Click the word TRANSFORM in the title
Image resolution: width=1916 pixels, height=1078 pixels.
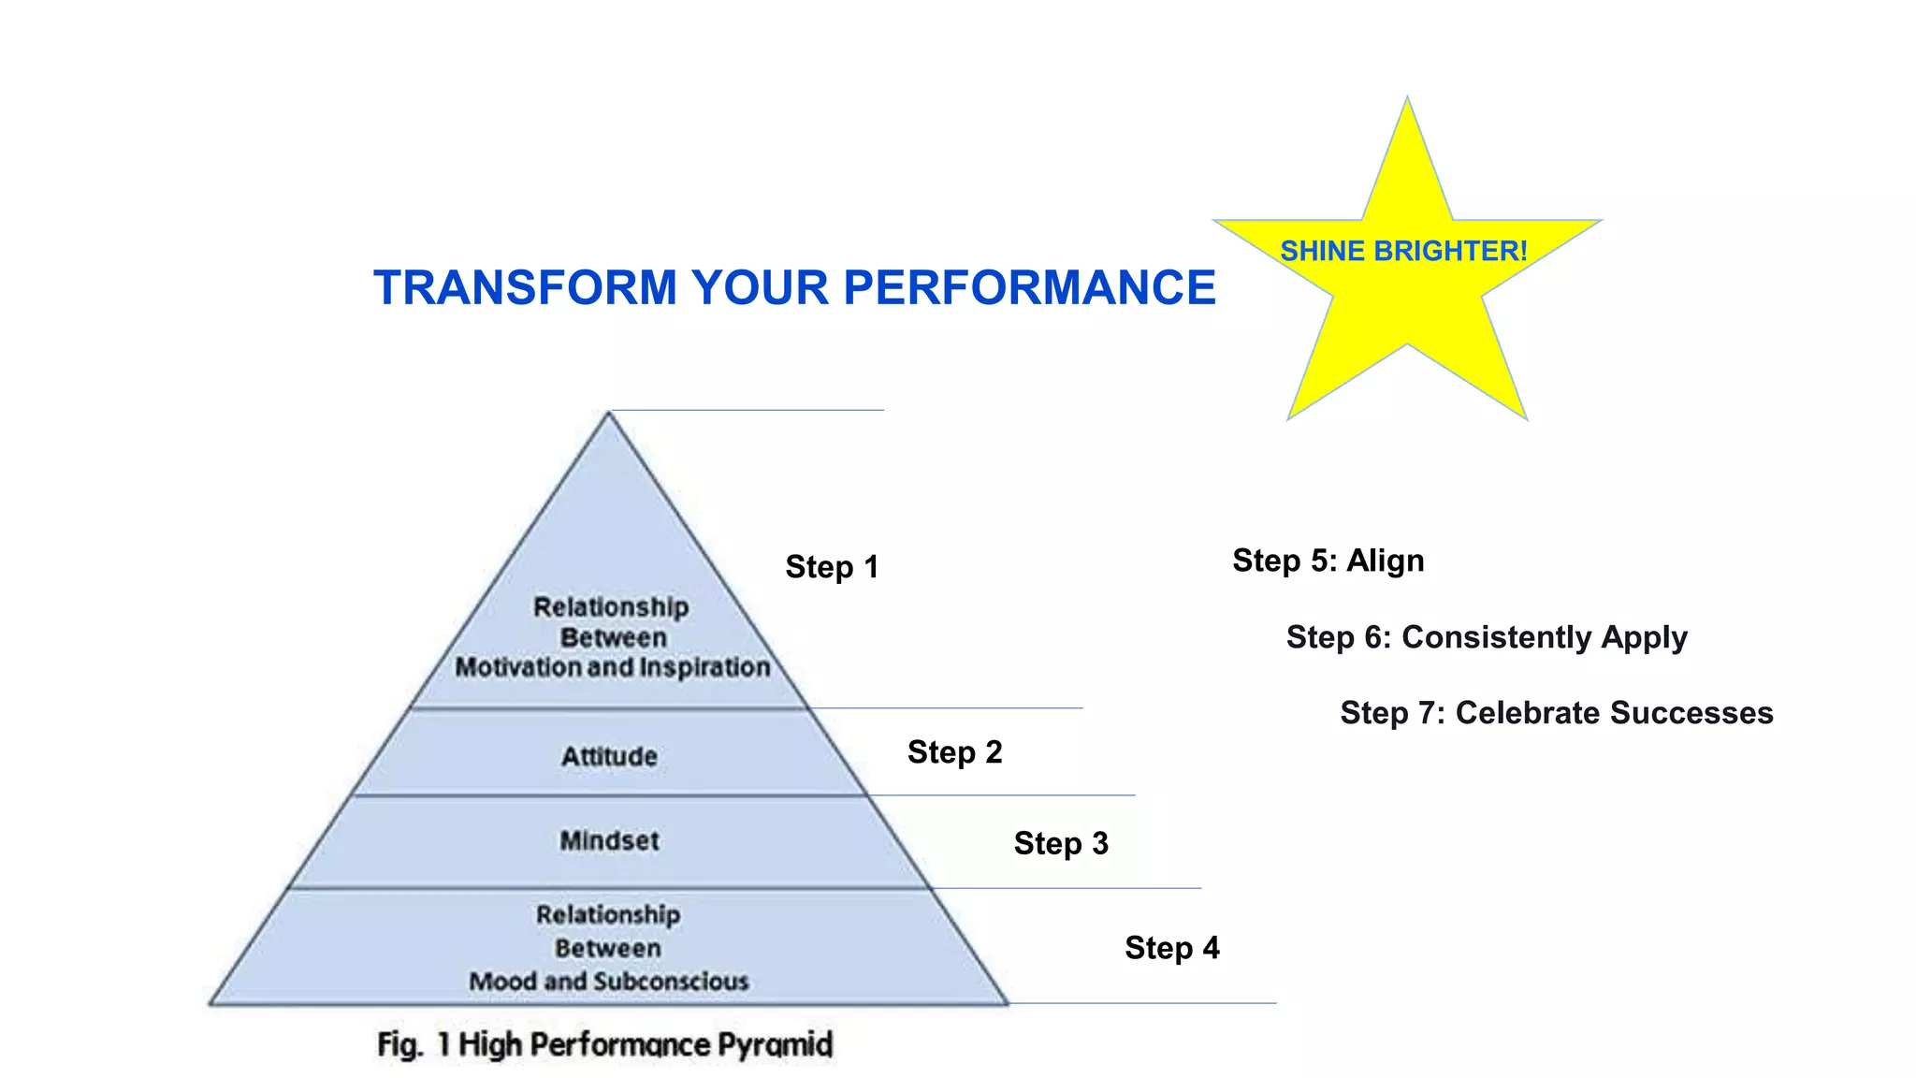coord(525,287)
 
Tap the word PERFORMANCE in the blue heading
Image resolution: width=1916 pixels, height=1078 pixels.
coord(1029,287)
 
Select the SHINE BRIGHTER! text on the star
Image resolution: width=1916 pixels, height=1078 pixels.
coord(1403,251)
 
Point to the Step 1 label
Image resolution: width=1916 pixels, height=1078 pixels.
coord(832,567)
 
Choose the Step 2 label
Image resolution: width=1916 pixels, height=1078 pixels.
coord(954,752)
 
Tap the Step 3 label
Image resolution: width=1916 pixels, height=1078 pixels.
coord(1061,843)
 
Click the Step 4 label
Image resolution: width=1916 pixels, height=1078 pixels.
coord(1171,948)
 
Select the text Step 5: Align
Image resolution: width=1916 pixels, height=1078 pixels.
coord(1328,561)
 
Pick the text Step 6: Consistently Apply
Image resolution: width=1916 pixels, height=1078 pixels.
coord(1487,637)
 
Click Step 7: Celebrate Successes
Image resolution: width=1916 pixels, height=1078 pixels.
coord(1556,713)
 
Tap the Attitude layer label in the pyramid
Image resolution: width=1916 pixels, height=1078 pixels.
coord(609,756)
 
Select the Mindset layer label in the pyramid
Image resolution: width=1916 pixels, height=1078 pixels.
coord(609,840)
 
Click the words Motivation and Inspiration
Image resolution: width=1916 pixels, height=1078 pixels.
coord(613,667)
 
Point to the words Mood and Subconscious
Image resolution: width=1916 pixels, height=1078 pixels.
coord(609,981)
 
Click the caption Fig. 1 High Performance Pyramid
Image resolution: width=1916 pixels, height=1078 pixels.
coord(604,1044)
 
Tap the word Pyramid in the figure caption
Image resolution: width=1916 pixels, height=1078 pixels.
coord(775,1044)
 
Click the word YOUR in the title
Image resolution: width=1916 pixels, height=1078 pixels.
coord(761,287)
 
